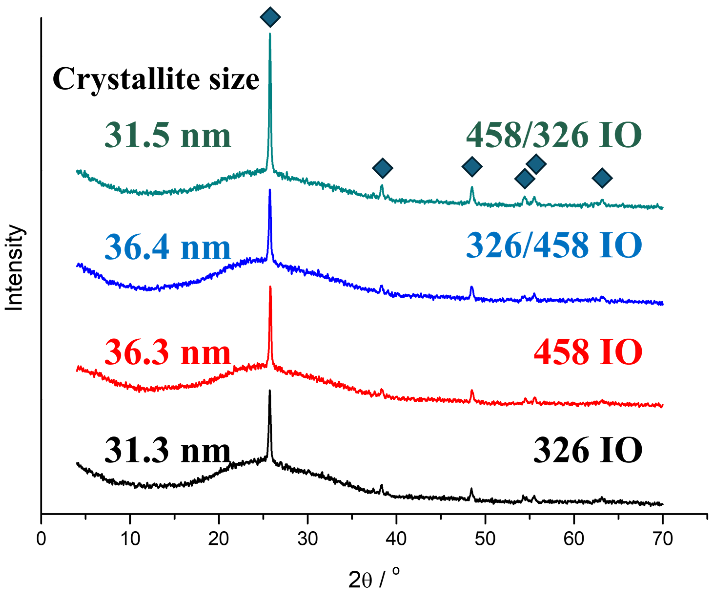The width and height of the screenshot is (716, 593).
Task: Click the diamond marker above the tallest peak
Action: [x=270, y=17]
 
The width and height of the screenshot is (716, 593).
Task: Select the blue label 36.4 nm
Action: [x=168, y=247]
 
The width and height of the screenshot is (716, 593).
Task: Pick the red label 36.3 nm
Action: [x=168, y=352]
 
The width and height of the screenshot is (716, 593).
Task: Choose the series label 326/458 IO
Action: [x=554, y=245]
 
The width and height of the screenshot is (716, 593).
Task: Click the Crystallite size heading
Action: [x=156, y=79]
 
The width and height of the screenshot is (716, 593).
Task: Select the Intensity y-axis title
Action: [x=14, y=268]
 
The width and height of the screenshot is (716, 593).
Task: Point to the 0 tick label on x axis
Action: [x=41, y=539]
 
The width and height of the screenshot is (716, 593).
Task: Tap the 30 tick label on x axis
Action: [x=308, y=539]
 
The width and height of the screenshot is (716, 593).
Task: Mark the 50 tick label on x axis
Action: [x=485, y=539]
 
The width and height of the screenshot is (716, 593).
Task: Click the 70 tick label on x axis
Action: [x=663, y=539]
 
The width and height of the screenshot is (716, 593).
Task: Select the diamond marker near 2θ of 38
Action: [x=383, y=168]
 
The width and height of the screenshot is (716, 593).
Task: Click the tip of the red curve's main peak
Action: [x=270, y=287]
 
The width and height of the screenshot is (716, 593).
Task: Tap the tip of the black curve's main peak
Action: [x=270, y=391]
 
